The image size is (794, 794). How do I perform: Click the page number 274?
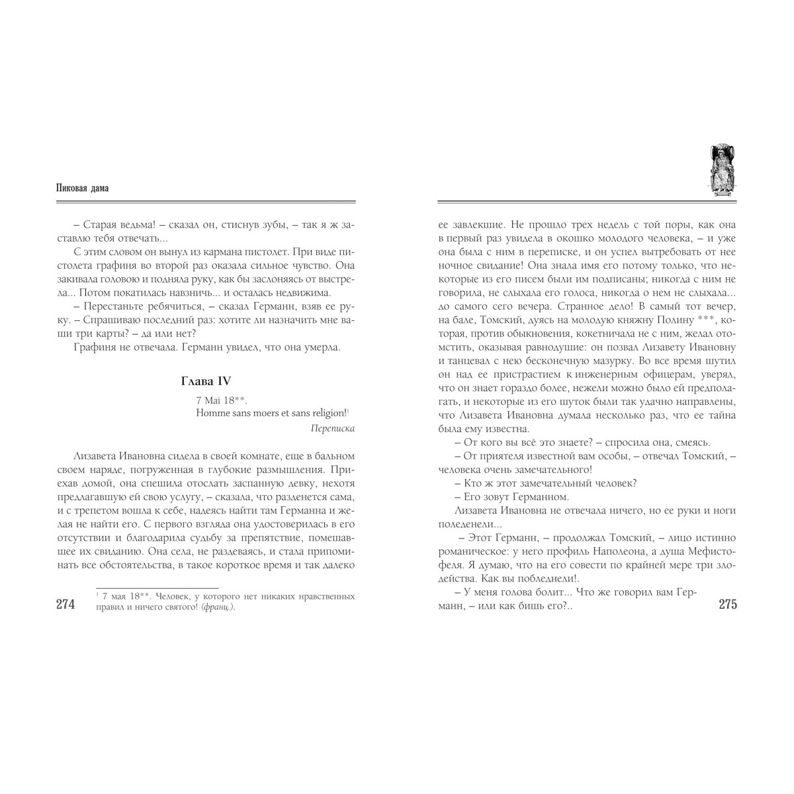click(x=66, y=604)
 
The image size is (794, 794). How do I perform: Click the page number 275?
click(x=727, y=604)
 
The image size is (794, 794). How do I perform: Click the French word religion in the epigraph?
click(x=326, y=413)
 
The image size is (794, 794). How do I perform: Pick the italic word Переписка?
click(x=332, y=428)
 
